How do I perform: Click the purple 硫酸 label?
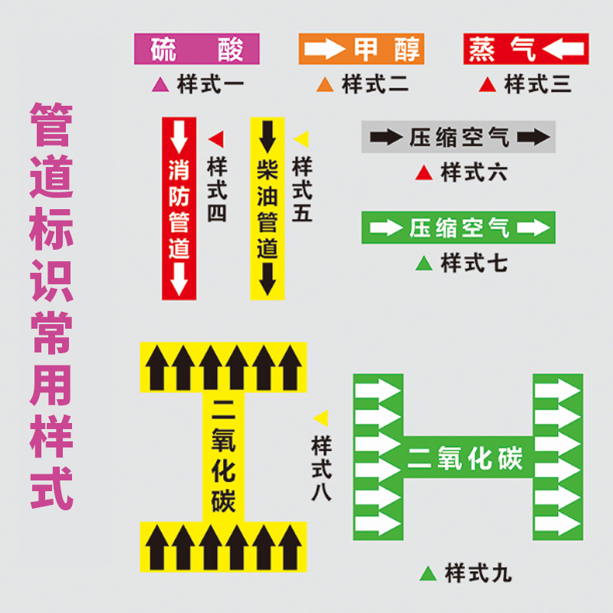pyautogui.click(x=197, y=49)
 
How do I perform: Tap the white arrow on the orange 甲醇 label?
pyautogui.click(x=325, y=50)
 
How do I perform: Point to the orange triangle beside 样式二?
pyautogui.click(x=325, y=84)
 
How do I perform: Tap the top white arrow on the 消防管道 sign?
pyautogui.click(x=179, y=137)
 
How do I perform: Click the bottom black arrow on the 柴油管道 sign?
pyautogui.click(x=267, y=279)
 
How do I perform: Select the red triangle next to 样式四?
pyautogui.click(x=216, y=139)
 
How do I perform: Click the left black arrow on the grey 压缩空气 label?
pyautogui.click(x=386, y=138)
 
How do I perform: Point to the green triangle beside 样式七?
pyautogui.click(x=424, y=264)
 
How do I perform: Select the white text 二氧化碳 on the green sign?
pyautogui.click(x=466, y=458)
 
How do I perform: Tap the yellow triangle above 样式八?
pyautogui.click(x=321, y=418)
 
